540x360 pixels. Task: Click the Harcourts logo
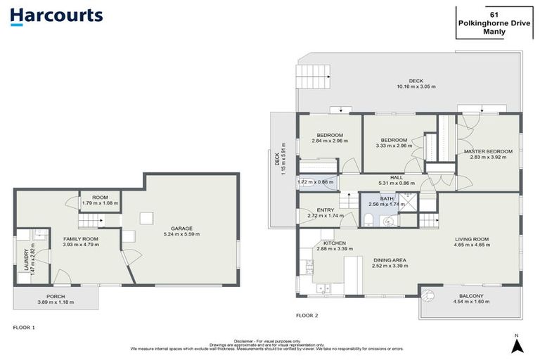[x=57, y=16]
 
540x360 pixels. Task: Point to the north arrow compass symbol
[x=517, y=344]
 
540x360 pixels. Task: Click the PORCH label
[x=56, y=297]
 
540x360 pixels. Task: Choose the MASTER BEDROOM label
[x=488, y=151]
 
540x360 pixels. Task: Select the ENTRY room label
[x=326, y=210]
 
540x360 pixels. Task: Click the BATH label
[x=387, y=199]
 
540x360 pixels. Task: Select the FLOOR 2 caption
[x=307, y=316]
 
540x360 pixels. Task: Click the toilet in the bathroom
[x=368, y=220]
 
